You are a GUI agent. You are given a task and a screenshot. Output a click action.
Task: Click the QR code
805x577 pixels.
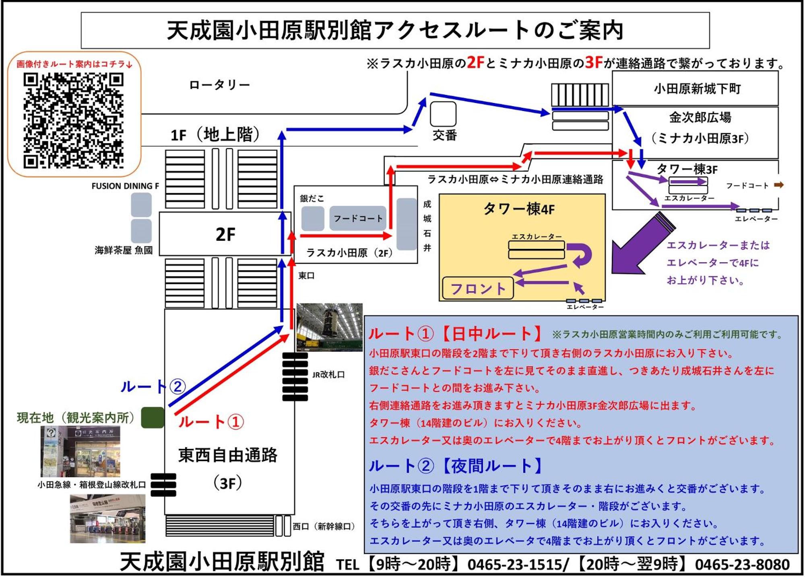(73, 121)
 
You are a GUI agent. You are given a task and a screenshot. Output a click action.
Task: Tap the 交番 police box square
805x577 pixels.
(443, 114)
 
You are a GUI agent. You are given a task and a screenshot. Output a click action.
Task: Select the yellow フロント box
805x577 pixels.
(478, 288)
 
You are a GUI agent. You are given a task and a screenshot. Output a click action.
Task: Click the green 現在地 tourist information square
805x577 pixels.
(153, 417)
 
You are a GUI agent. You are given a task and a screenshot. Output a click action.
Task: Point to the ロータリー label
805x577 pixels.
(220, 85)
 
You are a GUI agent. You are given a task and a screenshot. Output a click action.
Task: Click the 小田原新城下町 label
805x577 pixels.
(697, 88)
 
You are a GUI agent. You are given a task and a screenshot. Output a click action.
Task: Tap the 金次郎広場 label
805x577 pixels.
(700, 117)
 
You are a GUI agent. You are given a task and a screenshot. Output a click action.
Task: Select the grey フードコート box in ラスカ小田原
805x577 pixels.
(358, 218)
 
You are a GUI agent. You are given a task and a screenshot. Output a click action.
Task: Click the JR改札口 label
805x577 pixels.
(328, 375)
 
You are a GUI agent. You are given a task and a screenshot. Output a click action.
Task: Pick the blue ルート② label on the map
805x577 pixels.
(153, 386)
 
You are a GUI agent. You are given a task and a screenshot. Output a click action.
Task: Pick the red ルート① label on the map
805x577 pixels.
(211, 422)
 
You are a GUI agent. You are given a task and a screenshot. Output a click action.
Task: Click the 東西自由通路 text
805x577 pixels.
(228, 455)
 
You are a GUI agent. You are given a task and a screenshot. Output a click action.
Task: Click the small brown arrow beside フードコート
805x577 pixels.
(779, 185)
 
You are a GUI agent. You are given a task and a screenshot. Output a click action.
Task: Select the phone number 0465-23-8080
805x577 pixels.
(742, 564)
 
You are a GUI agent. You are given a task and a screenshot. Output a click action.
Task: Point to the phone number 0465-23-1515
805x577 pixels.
(518, 564)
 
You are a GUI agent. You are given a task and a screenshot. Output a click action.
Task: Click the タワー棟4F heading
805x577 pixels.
(519, 209)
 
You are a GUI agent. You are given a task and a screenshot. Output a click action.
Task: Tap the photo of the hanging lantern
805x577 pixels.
(330, 327)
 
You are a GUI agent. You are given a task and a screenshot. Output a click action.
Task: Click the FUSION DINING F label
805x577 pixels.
(125, 186)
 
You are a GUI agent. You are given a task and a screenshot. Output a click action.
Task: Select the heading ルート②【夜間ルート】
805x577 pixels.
(456, 466)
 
